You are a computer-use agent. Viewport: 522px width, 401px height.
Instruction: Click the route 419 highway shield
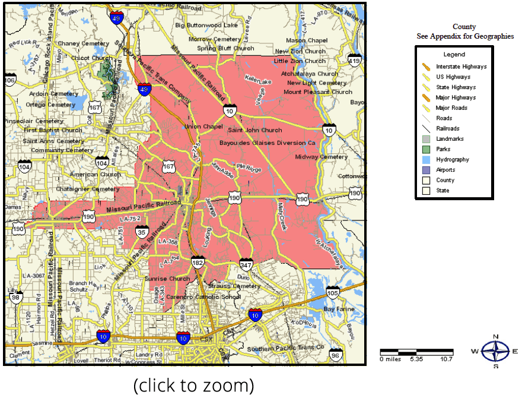[x=355, y=61]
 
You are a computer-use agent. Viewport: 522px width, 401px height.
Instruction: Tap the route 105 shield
[x=332, y=292]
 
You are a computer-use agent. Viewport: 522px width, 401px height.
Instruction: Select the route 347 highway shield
[x=246, y=264]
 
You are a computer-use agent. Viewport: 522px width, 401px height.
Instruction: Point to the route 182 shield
[x=198, y=262]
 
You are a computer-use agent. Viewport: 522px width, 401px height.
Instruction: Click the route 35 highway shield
[x=141, y=232]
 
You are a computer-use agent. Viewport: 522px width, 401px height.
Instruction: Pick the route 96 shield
[x=336, y=355]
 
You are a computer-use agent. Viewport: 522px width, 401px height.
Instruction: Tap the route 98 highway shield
[x=16, y=297]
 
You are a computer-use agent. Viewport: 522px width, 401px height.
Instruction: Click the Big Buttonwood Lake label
[x=206, y=26]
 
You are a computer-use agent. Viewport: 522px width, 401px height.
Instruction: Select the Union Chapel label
[x=203, y=127]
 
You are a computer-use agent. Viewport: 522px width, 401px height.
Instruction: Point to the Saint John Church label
[x=255, y=130]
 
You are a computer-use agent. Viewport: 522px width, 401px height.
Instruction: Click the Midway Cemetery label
[x=321, y=157]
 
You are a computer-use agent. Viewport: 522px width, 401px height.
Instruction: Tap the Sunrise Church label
[x=167, y=279]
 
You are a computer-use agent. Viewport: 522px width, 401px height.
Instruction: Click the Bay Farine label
[x=338, y=309]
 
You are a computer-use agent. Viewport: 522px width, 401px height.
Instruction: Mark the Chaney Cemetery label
[x=84, y=43]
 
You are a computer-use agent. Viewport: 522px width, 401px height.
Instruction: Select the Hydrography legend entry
[x=452, y=159]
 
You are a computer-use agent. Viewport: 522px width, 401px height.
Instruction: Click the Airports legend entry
[x=445, y=170]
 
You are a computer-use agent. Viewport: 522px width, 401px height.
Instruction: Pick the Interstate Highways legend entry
[x=461, y=67]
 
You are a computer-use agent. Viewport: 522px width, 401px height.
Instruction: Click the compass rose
[x=495, y=351]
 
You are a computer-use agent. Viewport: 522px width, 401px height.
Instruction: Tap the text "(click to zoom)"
[x=193, y=386]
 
